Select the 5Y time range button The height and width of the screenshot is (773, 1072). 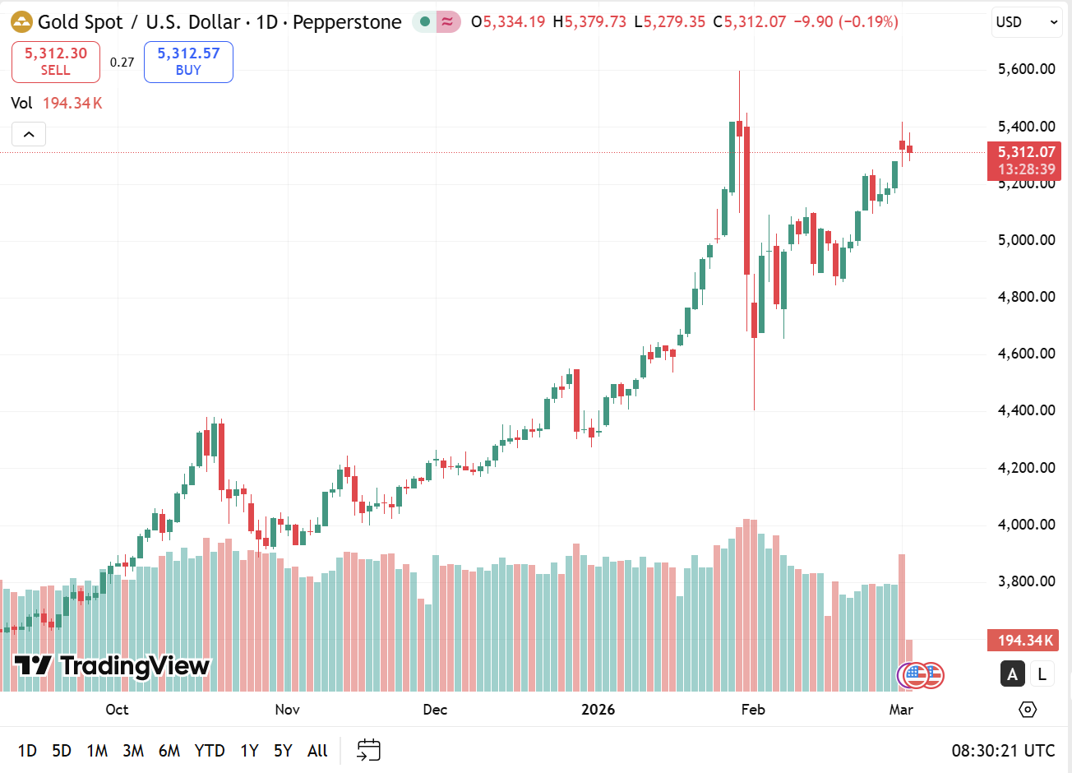(x=283, y=750)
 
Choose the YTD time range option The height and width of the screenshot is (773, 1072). (x=210, y=750)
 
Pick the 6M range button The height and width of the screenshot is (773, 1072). (x=169, y=750)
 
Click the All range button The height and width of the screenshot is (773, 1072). (x=317, y=750)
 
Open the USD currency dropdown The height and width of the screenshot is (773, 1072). (x=1026, y=22)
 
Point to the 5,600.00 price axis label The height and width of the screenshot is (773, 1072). (x=1026, y=69)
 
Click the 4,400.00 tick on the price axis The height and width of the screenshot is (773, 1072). (x=1026, y=410)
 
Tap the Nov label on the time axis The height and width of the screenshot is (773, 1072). (x=287, y=710)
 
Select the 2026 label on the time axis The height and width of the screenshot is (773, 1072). (x=598, y=710)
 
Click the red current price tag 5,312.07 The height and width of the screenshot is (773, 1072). (x=1024, y=153)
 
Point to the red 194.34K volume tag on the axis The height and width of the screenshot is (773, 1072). (x=1023, y=641)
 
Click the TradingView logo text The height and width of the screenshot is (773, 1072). (x=113, y=665)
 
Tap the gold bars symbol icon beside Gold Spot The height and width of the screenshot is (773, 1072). (x=21, y=22)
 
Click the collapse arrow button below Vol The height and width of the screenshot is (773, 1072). (x=29, y=134)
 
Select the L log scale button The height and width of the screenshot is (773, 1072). (x=1042, y=674)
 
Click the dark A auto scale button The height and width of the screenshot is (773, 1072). (x=1012, y=674)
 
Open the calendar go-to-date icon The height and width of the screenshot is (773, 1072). (x=368, y=750)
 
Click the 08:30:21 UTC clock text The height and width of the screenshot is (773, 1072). (x=1003, y=750)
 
